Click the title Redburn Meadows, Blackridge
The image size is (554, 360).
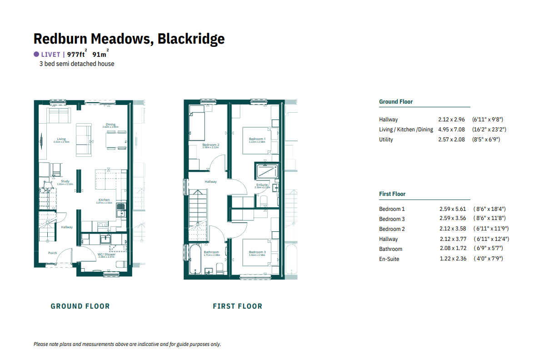point(129,39)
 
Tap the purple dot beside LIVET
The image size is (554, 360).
point(36,54)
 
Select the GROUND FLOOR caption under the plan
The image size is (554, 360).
point(80,306)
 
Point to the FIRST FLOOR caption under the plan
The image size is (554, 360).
point(237,306)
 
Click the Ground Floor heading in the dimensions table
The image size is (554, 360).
point(396,102)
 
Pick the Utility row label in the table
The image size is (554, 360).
point(386,140)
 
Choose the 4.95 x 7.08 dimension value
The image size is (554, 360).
point(451,130)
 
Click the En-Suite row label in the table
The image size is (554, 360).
point(389,259)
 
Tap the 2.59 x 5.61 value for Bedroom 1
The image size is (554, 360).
point(453,209)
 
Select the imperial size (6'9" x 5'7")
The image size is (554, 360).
point(489,249)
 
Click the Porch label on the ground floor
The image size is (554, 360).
point(53,253)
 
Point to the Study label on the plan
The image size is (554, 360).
point(65,181)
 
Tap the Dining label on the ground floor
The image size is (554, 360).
point(111,125)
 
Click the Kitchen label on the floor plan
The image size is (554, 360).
point(105,200)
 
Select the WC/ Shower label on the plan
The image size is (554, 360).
point(106,255)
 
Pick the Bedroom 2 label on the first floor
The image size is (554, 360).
point(211,145)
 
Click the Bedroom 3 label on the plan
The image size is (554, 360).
point(257,252)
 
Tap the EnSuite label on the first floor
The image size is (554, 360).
point(262,185)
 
